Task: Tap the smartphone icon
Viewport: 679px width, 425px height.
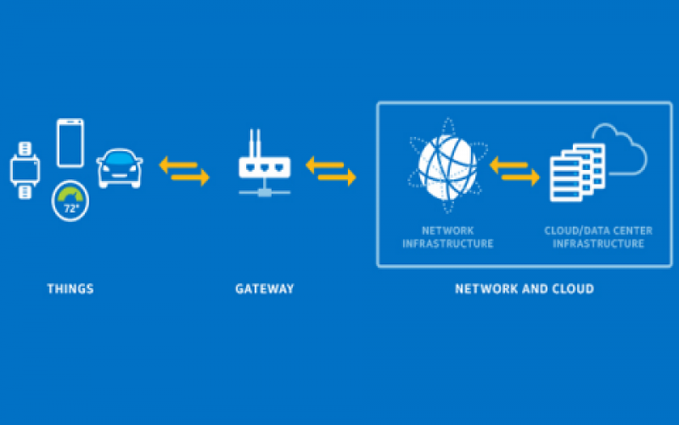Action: coord(70,143)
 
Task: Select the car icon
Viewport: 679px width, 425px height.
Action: coord(120,167)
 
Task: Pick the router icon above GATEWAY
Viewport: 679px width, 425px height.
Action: coord(265,166)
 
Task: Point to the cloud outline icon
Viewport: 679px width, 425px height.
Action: coord(620,149)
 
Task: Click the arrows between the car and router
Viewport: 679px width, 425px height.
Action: coord(184,171)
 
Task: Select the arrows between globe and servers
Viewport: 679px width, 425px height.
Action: coord(514,171)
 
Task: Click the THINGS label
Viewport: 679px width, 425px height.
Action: coord(70,289)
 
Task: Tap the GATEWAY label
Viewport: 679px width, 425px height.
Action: coord(265,289)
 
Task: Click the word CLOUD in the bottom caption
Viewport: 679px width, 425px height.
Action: coord(574,289)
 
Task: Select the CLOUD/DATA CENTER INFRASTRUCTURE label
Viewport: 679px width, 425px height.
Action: coord(598,237)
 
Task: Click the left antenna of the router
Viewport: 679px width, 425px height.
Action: coord(252,142)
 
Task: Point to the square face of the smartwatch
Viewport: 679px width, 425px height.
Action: coord(25,170)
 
